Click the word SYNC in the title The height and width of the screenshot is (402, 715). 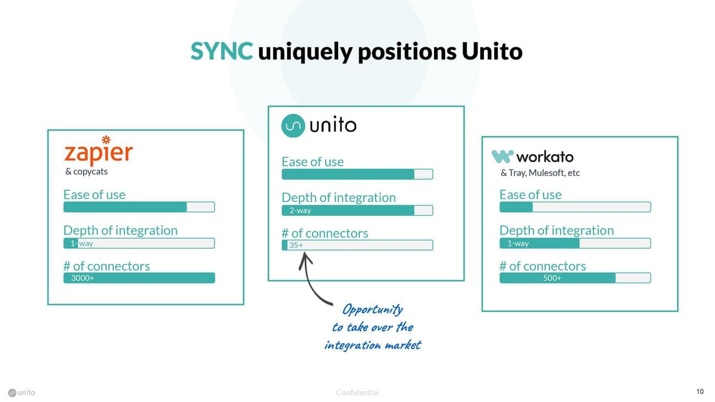[x=222, y=52]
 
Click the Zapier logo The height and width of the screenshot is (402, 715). [x=98, y=150]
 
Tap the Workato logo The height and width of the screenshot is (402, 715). [x=532, y=157]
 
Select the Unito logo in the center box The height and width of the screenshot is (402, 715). [x=318, y=125]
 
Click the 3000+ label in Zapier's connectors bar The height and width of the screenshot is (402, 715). [x=82, y=278]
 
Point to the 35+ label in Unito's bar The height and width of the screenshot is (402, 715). [x=296, y=245]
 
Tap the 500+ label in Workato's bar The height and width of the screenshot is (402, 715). [x=552, y=278]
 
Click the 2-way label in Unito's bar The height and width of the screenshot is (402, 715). [x=300, y=211]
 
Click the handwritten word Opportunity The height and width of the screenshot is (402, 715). [x=372, y=310]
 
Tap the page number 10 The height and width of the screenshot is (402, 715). [x=700, y=392]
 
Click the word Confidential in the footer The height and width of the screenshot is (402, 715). [x=357, y=393]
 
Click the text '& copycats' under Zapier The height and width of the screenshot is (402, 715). [x=86, y=172]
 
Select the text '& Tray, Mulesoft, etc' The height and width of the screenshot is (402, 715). [x=540, y=173]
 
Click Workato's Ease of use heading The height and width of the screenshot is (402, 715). [x=530, y=195]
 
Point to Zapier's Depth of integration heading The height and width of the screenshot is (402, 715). [x=120, y=230]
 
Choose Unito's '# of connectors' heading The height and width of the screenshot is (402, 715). [x=324, y=233]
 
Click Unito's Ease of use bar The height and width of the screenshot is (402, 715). [x=357, y=174]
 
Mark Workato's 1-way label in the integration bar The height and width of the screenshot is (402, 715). [x=518, y=244]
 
